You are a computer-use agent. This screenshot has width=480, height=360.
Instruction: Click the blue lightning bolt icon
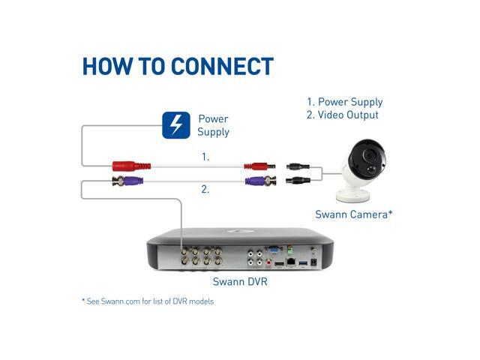point(176,125)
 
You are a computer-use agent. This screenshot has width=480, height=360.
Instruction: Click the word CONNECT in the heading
point(221,66)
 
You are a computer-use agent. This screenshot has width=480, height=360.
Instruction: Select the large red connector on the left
point(132,165)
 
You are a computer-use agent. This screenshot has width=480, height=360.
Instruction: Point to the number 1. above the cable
point(205,157)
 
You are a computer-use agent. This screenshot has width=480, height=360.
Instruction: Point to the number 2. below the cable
point(205,190)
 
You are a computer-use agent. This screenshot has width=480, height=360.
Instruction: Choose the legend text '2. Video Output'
point(342,115)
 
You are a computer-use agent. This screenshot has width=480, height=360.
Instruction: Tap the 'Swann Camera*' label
point(355,214)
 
